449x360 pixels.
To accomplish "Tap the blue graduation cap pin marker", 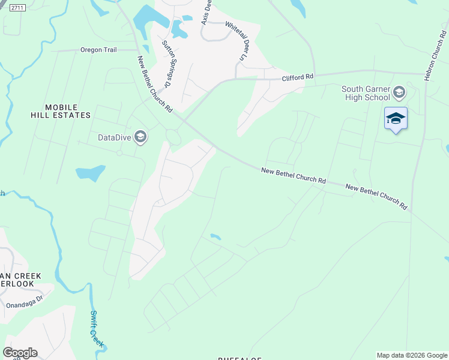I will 396,118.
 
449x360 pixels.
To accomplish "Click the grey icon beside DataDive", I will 140,137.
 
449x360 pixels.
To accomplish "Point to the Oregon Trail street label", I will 98,50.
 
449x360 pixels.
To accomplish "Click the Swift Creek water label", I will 97,329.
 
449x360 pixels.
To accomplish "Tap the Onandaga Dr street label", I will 25,302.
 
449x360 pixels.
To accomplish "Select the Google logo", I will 20,352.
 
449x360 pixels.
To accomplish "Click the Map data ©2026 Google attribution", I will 412,355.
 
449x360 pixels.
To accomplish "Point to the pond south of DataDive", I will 90,173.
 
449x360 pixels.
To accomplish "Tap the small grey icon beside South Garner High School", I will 399,93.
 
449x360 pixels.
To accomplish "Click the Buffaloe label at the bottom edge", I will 240,358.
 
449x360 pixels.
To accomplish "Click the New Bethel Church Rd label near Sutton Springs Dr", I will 155,85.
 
